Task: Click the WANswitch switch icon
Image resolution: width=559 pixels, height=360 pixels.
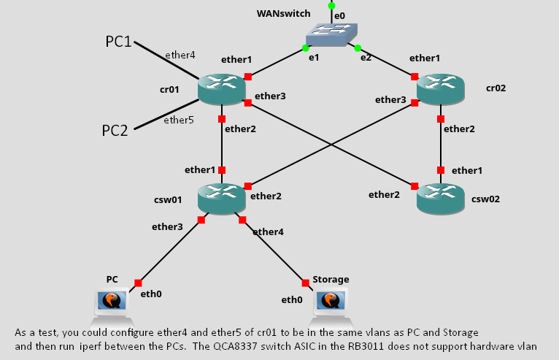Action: (331, 34)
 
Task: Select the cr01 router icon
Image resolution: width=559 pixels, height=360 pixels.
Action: (221, 89)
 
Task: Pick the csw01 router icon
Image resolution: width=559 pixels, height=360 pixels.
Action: (221, 197)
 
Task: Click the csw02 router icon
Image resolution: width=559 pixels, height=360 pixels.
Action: (440, 197)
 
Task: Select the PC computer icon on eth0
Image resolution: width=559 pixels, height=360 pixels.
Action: (112, 301)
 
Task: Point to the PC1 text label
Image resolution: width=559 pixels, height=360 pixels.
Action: (118, 42)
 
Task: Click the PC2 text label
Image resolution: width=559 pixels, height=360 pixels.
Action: (115, 131)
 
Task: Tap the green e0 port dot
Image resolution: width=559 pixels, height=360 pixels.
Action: (331, 6)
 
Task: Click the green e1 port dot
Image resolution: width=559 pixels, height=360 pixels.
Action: (305, 49)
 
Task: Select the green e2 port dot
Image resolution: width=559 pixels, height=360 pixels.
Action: (358, 49)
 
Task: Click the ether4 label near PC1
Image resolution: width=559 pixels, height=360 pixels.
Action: (180, 55)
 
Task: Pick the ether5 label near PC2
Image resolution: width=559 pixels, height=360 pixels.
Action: (178, 120)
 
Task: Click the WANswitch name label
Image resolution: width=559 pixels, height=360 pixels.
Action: (283, 14)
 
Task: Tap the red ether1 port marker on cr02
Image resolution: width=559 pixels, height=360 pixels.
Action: (415, 77)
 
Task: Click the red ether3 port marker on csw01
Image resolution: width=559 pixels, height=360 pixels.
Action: (201, 220)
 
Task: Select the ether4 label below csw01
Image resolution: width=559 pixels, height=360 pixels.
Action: (267, 231)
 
